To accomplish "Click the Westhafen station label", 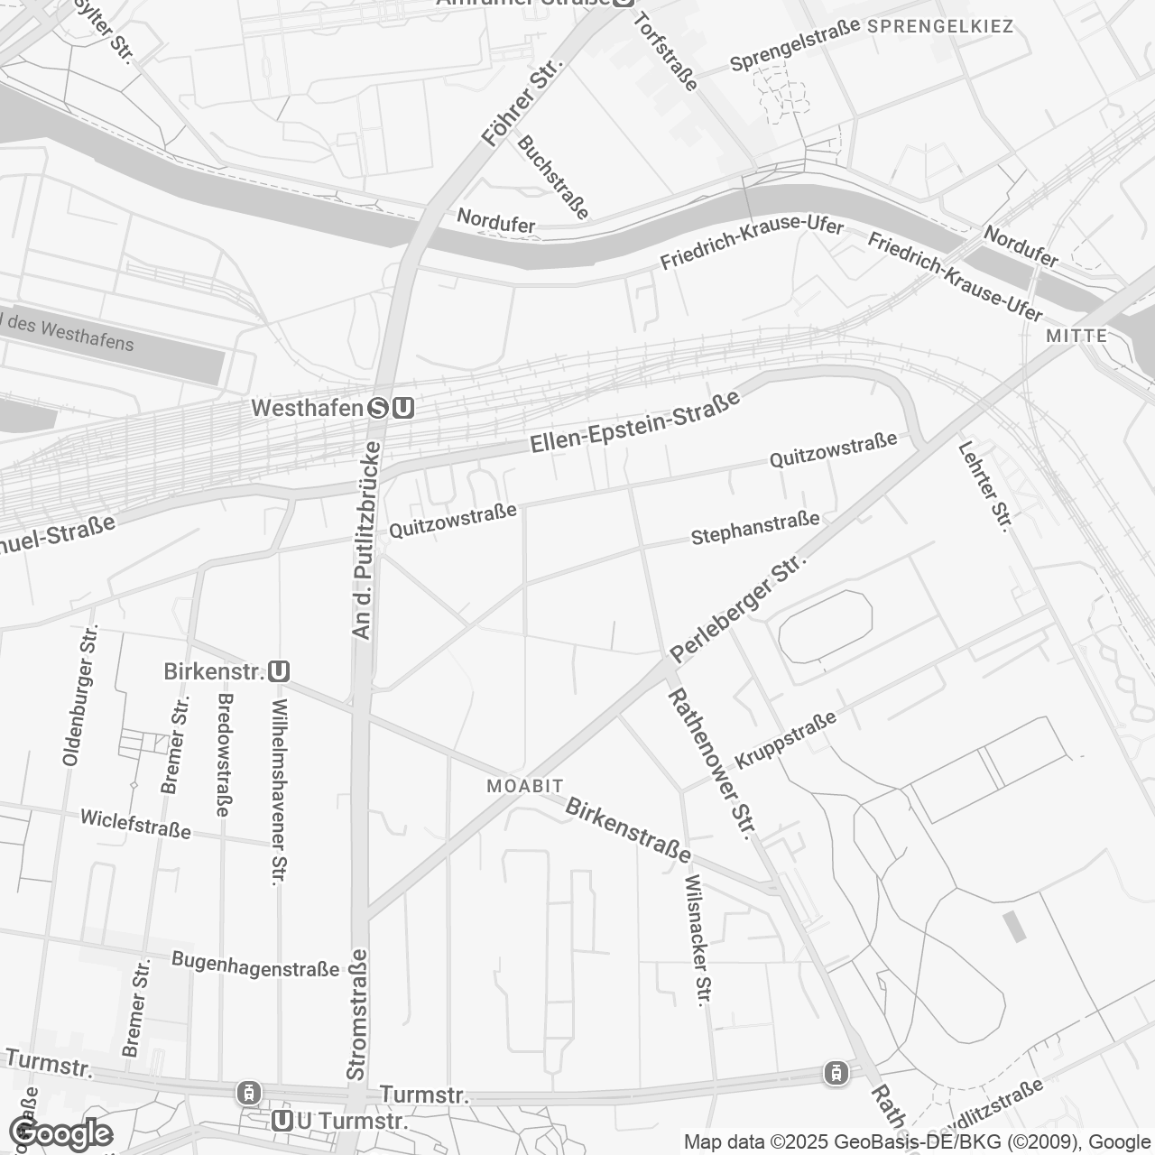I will click(306, 408).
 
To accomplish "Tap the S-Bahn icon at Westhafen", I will click(378, 409).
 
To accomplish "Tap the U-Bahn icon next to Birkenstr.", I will click(279, 672).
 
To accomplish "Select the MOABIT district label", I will click(525, 786).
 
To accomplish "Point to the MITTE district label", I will click(1076, 336).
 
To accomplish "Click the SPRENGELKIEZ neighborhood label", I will click(940, 26).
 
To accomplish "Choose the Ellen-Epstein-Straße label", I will click(634, 420).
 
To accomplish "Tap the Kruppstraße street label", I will click(785, 739).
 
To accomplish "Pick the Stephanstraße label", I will click(755, 529).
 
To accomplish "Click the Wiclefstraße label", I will click(135, 824).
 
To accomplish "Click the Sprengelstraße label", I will click(795, 45).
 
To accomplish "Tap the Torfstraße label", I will click(667, 51).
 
